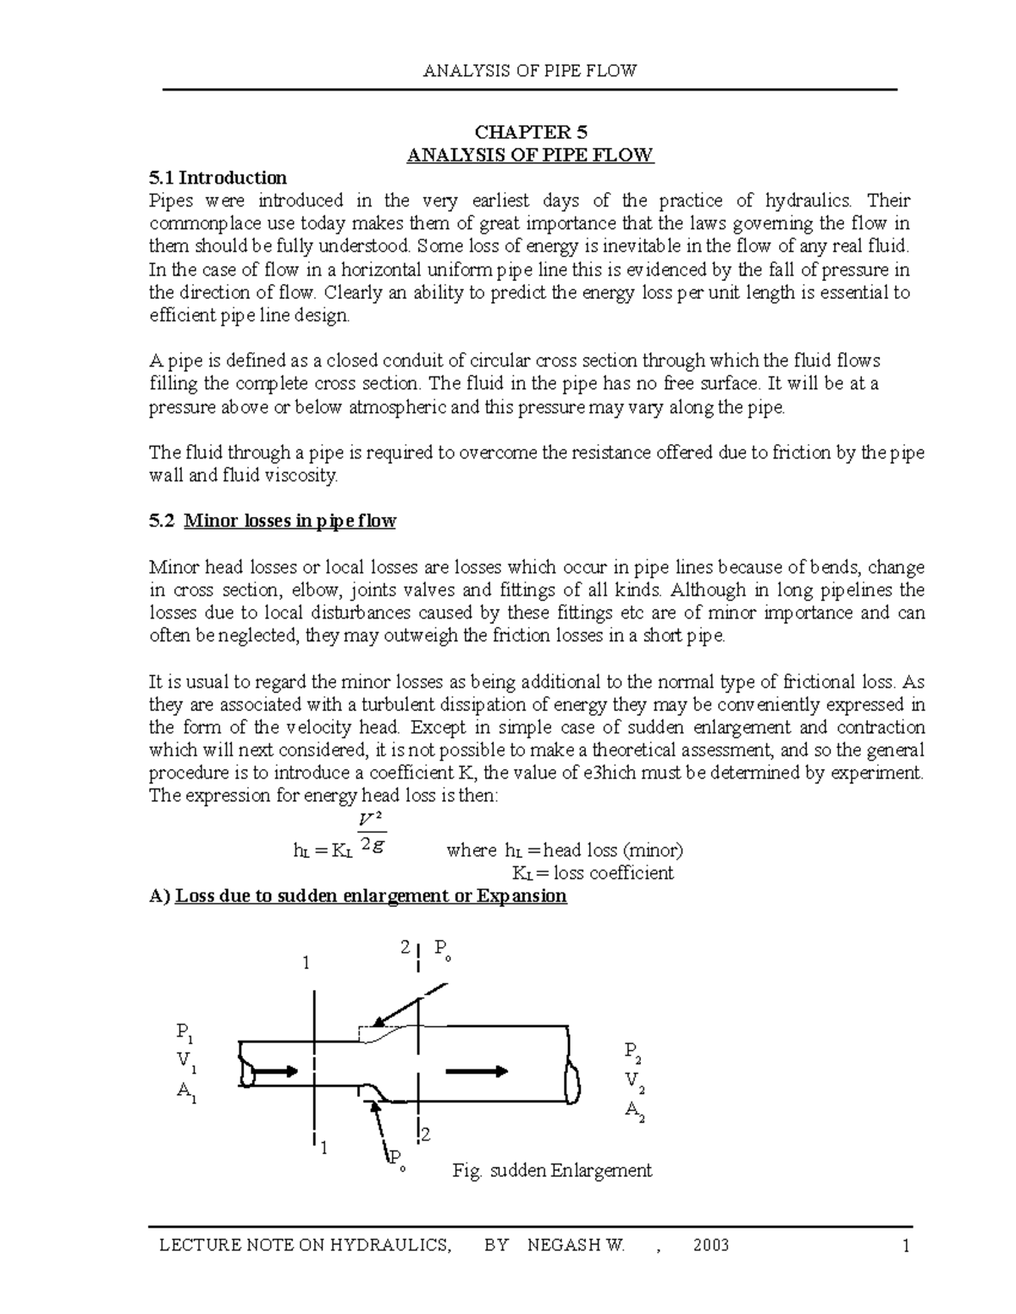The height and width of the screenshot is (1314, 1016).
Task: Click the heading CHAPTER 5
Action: click(530, 132)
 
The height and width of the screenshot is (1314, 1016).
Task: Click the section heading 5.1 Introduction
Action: click(218, 178)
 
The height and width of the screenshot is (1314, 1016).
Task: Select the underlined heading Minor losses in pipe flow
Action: click(290, 521)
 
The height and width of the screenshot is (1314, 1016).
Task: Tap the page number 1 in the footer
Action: click(905, 1245)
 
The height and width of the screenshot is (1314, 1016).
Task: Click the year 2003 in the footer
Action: click(710, 1245)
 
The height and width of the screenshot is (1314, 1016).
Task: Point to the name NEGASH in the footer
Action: click(561, 1245)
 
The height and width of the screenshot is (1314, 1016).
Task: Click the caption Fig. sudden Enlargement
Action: click(552, 1170)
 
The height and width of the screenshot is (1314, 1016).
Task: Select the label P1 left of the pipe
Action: click(184, 1032)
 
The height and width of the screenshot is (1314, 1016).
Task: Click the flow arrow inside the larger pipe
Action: click(476, 1071)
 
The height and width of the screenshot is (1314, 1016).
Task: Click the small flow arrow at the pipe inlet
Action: click(275, 1071)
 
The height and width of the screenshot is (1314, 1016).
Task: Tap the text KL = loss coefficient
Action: click(593, 873)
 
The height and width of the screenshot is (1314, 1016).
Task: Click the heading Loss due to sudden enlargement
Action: click(370, 896)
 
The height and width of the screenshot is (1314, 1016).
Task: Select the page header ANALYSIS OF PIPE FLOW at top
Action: click(530, 71)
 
